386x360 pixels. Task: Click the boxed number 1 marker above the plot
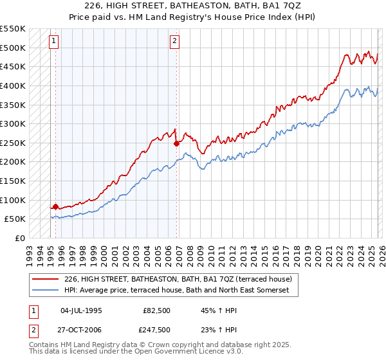click(x=54, y=41)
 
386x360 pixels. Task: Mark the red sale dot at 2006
click(x=176, y=143)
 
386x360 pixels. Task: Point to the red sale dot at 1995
click(x=55, y=206)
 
